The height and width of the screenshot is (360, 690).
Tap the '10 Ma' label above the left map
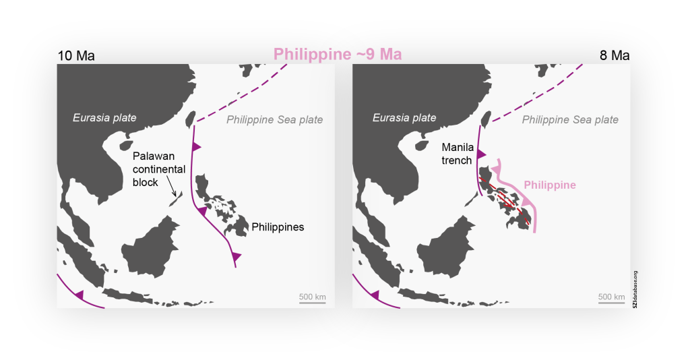coord(75,55)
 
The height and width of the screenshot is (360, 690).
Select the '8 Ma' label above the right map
coord(615,55)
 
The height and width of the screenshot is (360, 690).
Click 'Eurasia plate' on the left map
coord(104,118)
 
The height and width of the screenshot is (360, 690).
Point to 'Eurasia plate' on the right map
coord(404,118)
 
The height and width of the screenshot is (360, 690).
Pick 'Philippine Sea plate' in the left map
coord(274,120)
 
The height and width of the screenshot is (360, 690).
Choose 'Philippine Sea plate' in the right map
coord(570,120)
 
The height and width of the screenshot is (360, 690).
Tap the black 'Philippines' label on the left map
coord(278,227)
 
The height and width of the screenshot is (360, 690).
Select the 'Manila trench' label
coord(457,153)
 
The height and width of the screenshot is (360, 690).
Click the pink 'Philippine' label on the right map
coord(549,184)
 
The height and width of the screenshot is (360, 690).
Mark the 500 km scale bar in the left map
coord(313,303)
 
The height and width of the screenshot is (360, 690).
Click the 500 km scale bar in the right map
coord(611,303)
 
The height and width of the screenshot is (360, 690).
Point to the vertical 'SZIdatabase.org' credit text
coord(635,289)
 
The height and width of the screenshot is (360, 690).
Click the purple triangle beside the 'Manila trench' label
coord(481,155)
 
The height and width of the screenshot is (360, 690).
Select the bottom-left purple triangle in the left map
coord(79,295)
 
